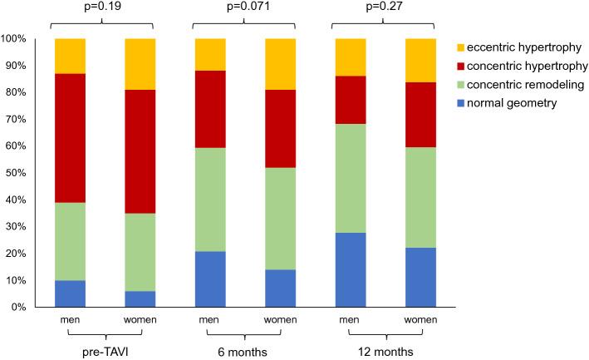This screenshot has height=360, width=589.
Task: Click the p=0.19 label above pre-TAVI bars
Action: (104, 7)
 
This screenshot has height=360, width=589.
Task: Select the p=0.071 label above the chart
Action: (244, 7)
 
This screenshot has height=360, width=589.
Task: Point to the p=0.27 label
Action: (383, 7)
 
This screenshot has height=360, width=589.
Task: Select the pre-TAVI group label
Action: (105, 352)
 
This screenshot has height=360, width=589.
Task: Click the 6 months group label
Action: (244, 352)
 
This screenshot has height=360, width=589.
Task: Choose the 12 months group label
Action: (383, 352)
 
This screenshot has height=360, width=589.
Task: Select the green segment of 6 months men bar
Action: (209, 200)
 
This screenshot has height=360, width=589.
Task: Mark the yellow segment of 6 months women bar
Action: (279, 64)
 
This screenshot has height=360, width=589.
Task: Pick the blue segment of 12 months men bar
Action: (348, 270)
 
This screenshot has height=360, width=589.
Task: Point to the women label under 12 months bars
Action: (418, 319)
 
